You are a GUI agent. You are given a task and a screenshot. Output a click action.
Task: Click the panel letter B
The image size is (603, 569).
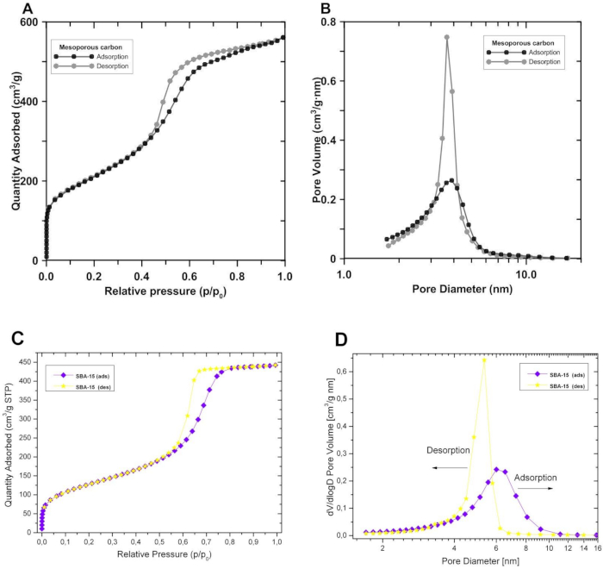click(326, 9)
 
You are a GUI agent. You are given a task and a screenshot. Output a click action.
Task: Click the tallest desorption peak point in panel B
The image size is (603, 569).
click(447, 37)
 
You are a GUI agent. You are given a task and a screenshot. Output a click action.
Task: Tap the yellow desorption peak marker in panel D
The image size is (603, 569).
click(484, 360)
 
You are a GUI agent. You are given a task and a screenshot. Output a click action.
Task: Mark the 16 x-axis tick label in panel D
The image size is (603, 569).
click(596, 547)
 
